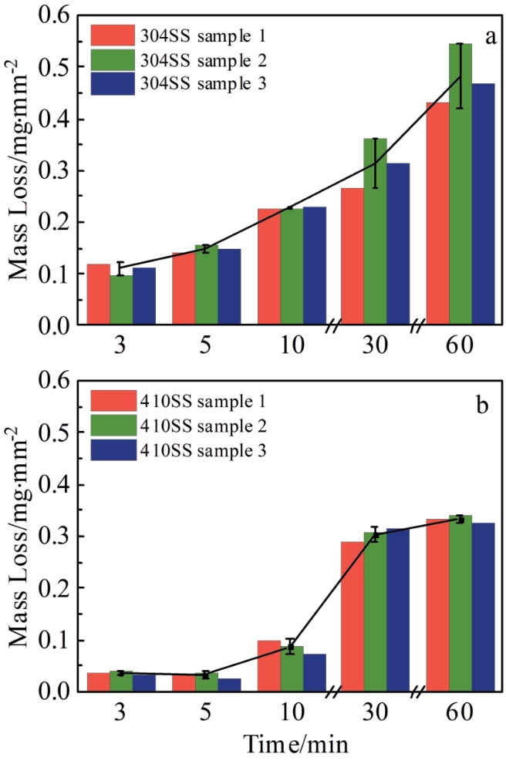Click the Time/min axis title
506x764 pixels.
296,744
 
